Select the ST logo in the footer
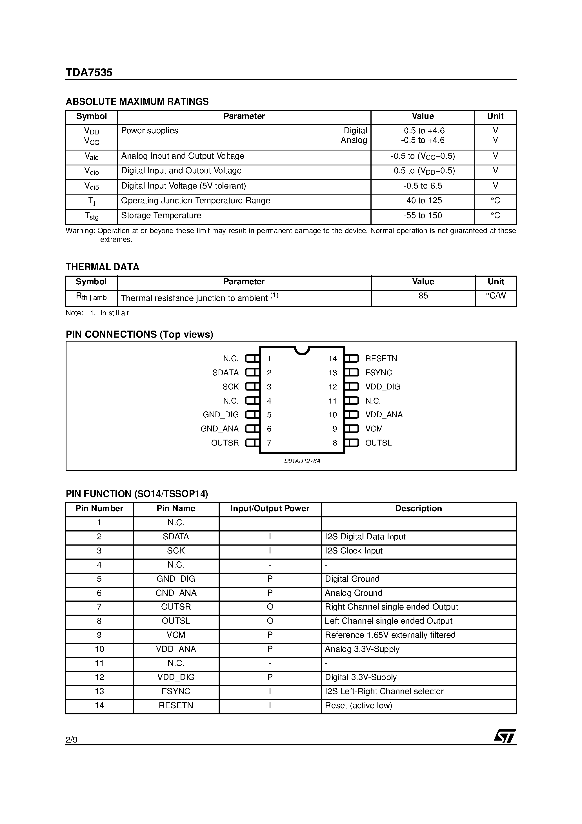tap(505, 737)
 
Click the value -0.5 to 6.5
tap(423, 186)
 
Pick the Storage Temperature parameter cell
tap(161, 215)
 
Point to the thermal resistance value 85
tap(423, 296)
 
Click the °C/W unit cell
tap(496, 296)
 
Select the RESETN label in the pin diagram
tap(381, 358)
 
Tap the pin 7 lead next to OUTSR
tap(252, 443)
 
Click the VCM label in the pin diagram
tap(374, 429)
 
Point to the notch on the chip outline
tap(302, 350)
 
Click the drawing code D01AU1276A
tap(302, 461)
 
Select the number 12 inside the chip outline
tap(333, 387)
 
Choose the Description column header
tap(418, 509)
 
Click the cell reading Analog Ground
tap(354, 593)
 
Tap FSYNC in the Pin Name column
tap(176, 691)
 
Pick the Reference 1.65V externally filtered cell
tap(390, 635)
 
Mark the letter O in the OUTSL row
tap(270, 621)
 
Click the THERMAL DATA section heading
tap(102, 267)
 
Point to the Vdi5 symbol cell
tap(92, 186)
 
